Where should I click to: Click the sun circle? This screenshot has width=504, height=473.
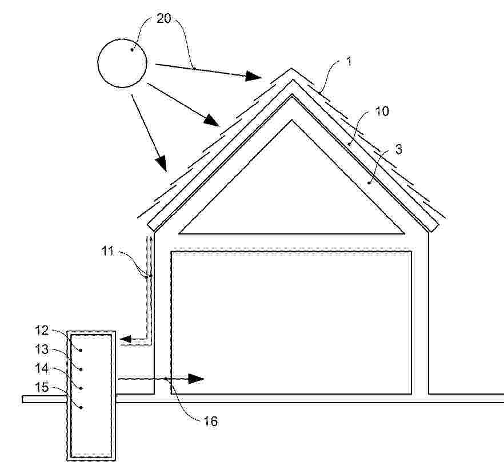98,63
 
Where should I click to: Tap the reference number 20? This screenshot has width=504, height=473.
163,18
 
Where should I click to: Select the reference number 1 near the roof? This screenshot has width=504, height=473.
349,61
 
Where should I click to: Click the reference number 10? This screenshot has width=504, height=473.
382,112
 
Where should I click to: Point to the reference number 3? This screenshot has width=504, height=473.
398,149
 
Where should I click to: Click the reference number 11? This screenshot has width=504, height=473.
108,251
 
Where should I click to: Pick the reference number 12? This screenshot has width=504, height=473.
42,330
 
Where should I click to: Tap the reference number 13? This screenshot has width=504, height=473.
42,349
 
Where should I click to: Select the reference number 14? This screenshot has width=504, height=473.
42,368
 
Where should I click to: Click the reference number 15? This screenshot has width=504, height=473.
42,387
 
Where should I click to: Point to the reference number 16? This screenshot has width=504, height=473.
211,421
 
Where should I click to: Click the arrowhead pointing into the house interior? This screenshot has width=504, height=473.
196,379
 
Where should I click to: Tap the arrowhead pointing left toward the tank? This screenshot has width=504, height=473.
126,339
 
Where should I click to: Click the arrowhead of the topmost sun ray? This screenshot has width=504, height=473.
254,76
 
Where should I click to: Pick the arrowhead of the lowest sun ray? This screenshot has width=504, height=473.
161,163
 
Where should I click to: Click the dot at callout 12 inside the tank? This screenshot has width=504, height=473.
81,350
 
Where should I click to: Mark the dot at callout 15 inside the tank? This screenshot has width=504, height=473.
81,407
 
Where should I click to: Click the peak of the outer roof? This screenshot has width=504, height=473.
291,68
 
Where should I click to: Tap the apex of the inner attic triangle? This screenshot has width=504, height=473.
291,120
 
